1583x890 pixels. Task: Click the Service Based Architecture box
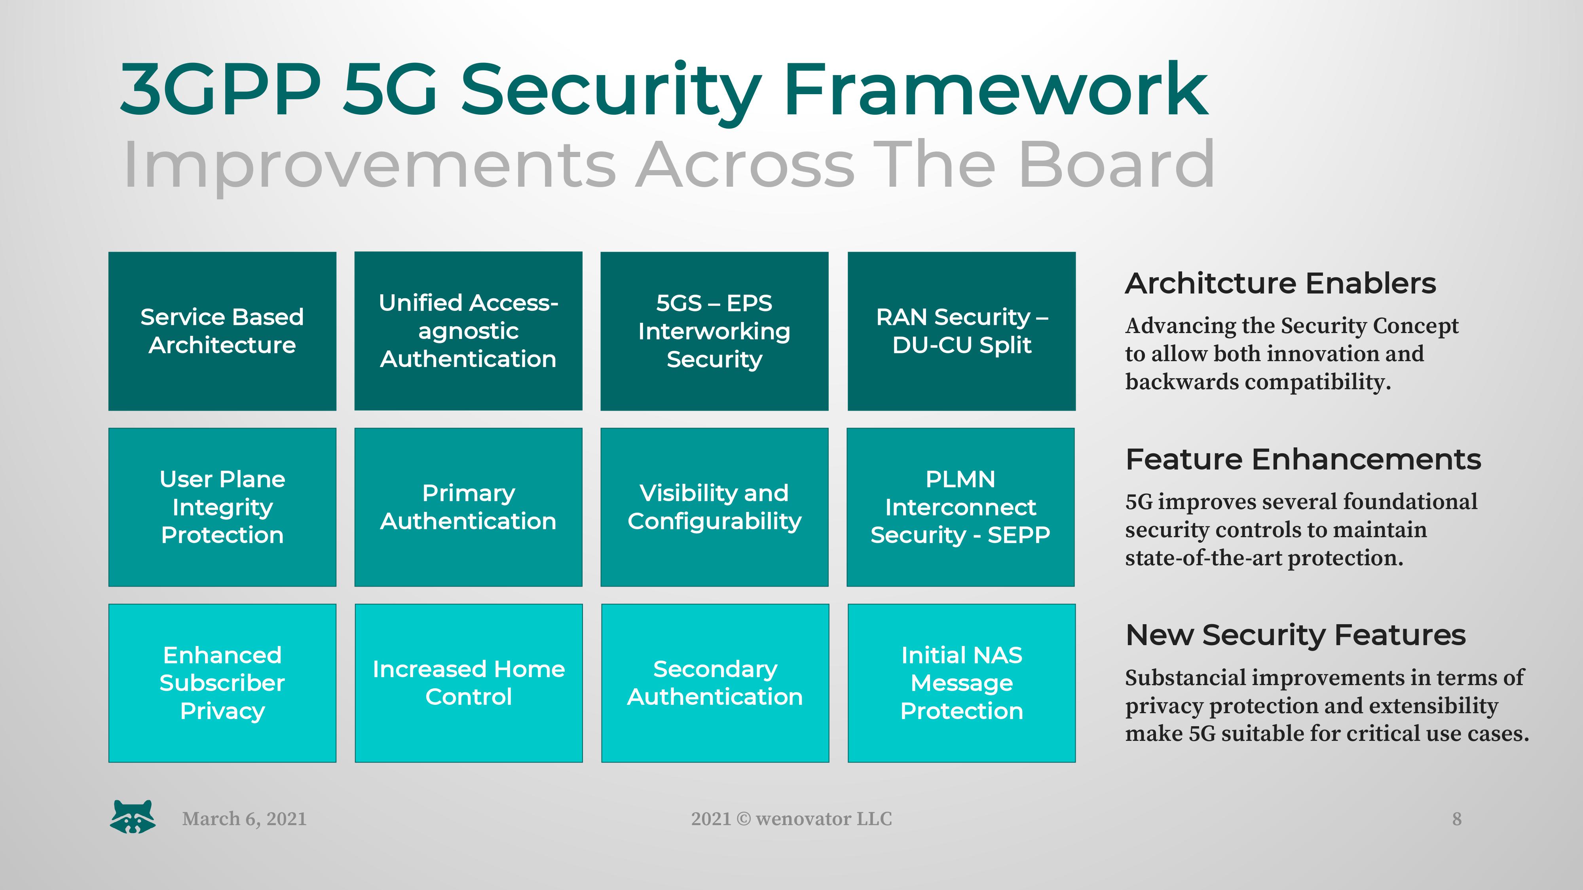coord(222,331)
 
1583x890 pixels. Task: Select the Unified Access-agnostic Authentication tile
coord(468,331)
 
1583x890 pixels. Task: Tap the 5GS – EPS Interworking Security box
coord(714,331)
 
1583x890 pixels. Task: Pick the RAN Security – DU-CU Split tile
coord(961,331)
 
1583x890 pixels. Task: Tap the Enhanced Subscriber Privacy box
coord(222,683)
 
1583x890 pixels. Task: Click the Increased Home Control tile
coord(468,683)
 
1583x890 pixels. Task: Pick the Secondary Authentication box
coord(715,683)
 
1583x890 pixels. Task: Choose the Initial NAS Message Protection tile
coord(961,683)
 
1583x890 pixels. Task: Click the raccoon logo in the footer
coord(133,817)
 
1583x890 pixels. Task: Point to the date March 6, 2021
coord(244,819)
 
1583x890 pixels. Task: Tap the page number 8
coord(1456,819)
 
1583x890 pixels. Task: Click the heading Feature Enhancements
coord(1303,459)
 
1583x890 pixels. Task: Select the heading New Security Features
coord(1295,635)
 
